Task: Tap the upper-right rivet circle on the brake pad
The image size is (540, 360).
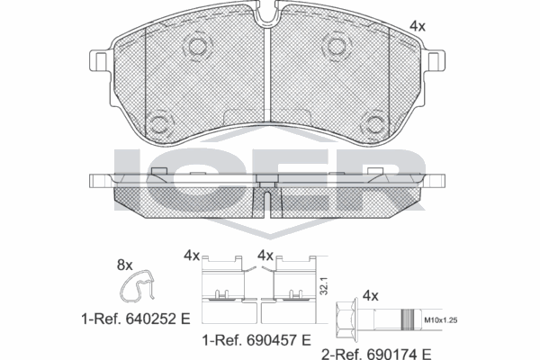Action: [337, 47]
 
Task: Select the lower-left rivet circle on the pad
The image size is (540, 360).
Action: [161, 122]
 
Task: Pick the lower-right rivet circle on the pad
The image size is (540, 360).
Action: [375, 122]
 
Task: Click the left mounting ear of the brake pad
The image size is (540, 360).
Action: [100, 63]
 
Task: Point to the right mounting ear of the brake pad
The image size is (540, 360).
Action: [436, 63]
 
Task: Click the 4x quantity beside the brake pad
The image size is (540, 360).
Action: [417, 27]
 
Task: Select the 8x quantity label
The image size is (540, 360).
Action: [125, 265]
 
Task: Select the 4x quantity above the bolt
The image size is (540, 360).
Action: [369, 293]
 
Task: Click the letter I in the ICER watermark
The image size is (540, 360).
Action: [126, 177]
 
